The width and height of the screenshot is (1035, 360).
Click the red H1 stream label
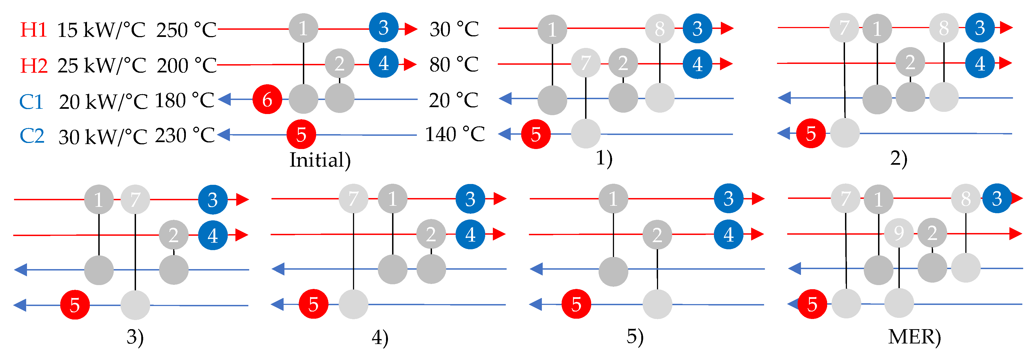[34, 30]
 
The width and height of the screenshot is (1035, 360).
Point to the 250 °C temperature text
[186, 30]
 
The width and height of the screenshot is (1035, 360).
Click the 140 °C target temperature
[455, 135]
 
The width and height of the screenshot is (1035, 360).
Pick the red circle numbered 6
[267, 99]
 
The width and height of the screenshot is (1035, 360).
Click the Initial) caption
[320, 160]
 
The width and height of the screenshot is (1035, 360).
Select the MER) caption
[914, 337]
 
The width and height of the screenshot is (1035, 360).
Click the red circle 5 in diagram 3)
[75, 305]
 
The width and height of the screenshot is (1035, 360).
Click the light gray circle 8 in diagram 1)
[659, 29]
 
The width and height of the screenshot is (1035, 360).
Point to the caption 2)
[899, 158]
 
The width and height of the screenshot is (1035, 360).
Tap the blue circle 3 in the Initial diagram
[384, 27]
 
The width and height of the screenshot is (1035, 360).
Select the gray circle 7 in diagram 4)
[353, 199]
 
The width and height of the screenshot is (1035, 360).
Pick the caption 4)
[380, 337]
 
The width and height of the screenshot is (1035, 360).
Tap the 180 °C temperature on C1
[184, 101]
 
